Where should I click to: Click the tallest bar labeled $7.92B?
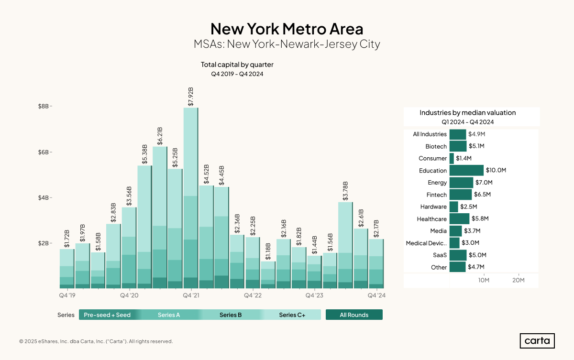point(190,198)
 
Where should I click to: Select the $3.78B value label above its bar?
point(345,190)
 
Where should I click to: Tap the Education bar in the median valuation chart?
point(466,171)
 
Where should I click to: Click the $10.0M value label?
point(496,171)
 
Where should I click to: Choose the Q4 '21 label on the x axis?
point(191,296)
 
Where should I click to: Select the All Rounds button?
point(354,315)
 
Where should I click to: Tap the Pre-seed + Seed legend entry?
point(107,315)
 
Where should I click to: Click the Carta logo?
point(537,341)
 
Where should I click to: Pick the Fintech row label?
point(436,195)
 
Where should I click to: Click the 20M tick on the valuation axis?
point(519,280)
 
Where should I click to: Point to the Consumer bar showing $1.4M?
point(452,158)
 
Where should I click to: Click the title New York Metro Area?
point(287,28)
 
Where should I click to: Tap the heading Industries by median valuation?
point(467,113)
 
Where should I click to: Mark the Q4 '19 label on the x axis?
point(67,296)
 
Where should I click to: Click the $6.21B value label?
point(160,136)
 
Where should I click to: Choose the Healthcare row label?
point(431,219)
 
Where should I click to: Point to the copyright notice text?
point(96,341)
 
